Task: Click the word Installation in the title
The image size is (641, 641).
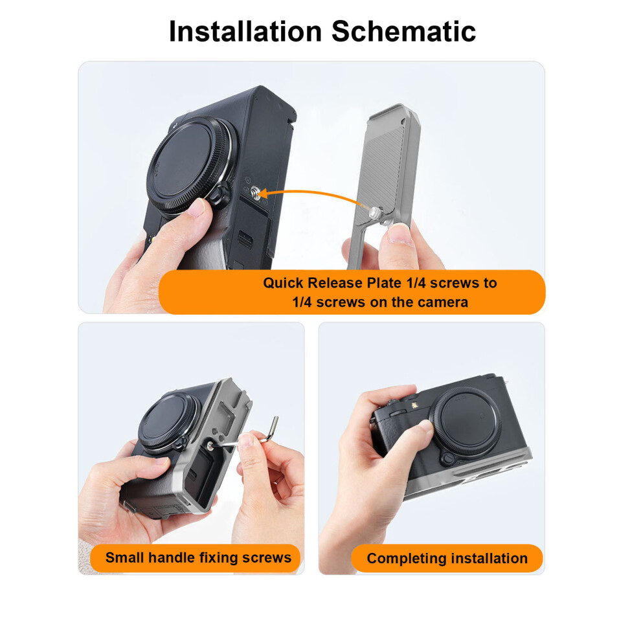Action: tap(245, 31)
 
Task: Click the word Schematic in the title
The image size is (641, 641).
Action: tap(404, 31)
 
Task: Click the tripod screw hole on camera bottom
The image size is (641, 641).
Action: tap(256, 191)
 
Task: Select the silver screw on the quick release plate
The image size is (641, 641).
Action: tap(376, 211)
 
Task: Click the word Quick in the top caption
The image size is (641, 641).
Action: tap(283, 283)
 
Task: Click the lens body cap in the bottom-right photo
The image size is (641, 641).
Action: tap(466, 422)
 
